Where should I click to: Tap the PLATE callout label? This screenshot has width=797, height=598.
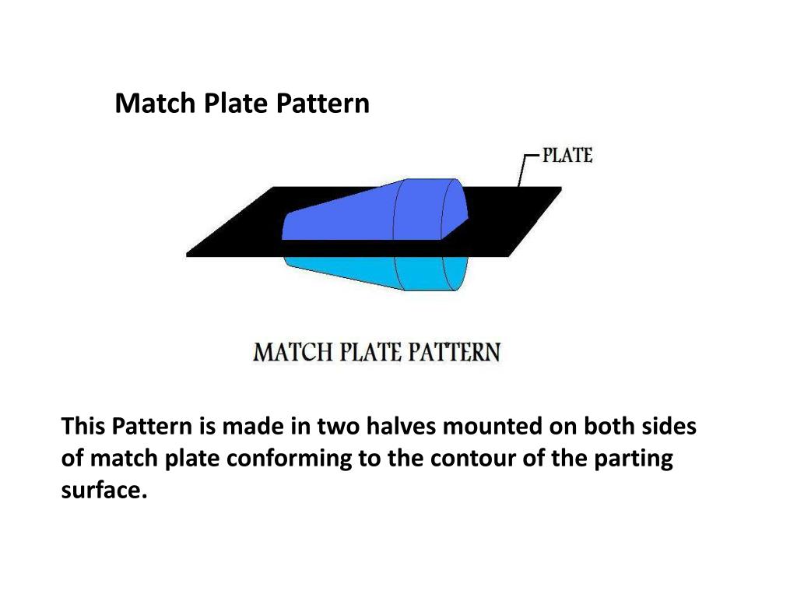(x=567, y=156)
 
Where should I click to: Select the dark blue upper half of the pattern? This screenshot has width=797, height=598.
(x=366, y=210)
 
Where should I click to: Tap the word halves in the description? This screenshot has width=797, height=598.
(x=400, y=427)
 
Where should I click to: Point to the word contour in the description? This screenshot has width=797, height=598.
(x=469, y=459)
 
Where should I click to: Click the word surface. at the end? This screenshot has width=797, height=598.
(x=104, y=491)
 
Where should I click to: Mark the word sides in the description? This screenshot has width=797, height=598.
(x=670, y=427)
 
